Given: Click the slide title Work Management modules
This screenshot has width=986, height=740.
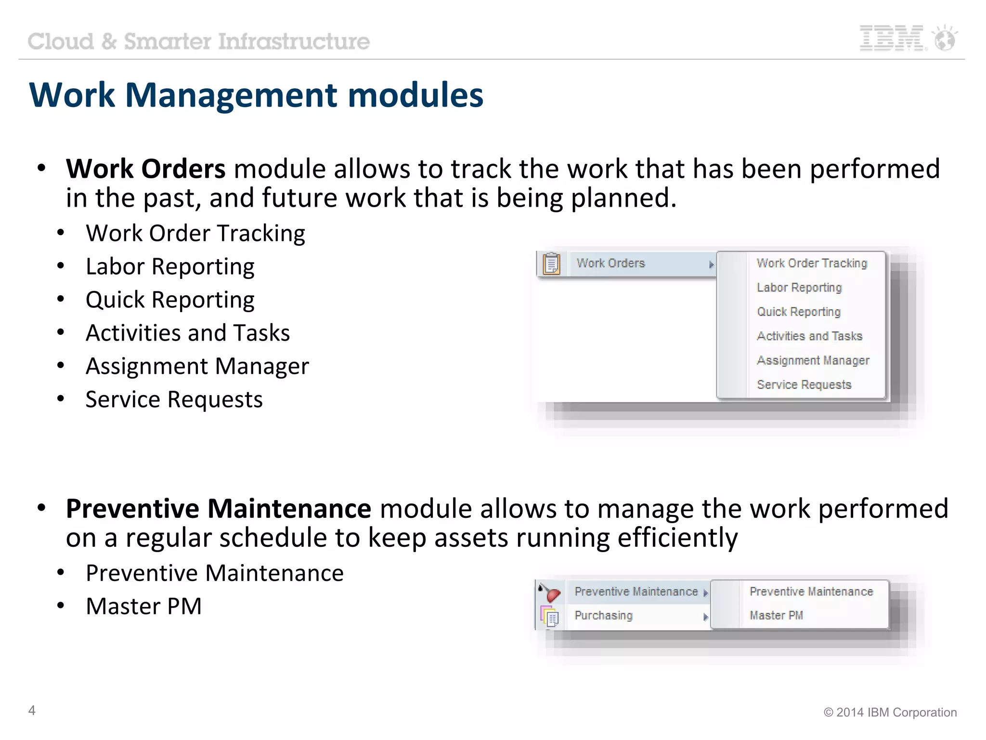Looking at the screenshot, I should click(256, 95).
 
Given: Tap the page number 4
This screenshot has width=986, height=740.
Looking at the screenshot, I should click(32, 710).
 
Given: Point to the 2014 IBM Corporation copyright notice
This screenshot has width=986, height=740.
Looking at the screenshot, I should click(890, 712).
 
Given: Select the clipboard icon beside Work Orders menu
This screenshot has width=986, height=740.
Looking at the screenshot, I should click(551, 264).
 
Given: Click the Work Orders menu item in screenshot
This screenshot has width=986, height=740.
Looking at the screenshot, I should click(610, 264).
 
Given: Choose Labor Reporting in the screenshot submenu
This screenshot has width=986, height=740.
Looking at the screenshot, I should click(799, 288).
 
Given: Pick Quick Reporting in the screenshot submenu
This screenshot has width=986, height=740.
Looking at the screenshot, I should click(798, 312).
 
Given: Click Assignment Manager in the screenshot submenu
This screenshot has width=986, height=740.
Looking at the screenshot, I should click(813, 360).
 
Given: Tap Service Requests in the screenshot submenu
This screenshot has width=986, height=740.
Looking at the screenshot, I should click(804, 384).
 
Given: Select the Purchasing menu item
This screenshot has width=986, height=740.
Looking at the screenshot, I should click(603, 616).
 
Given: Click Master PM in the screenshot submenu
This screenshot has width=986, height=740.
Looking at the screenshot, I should click(776, 616).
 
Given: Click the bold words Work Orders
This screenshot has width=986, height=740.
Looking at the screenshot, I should click(145, 169).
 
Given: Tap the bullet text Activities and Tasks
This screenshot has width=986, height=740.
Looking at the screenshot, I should click(188, 333).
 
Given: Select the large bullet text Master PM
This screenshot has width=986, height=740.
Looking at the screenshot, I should click(143, 606).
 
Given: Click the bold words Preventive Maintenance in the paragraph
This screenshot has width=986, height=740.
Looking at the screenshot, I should click(219, 509).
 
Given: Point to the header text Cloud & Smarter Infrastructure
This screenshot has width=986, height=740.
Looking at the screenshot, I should click(198, 41).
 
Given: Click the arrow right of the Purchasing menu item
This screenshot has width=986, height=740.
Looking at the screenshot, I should click(705, 617).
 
